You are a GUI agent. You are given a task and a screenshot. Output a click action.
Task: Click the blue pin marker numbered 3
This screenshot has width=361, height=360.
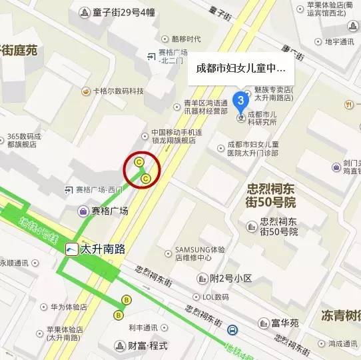[x=241, y=101]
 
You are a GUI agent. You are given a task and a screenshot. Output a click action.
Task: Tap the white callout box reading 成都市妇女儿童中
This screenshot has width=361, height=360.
[x=240, y=68]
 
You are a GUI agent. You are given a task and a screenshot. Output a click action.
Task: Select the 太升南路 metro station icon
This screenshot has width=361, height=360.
[x=71, y=249]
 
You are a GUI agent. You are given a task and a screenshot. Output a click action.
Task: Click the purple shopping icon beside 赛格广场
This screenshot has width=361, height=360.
[x=83, y=211]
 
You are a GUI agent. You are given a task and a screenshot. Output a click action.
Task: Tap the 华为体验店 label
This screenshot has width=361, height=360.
[x=68, y=307]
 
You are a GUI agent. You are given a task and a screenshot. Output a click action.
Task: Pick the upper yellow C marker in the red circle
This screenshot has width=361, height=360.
[x=139, y=162]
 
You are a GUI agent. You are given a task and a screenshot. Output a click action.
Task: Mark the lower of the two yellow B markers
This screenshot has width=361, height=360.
[x=119, y=315]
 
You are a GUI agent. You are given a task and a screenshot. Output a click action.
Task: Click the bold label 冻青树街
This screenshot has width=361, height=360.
[x=340, y=314]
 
